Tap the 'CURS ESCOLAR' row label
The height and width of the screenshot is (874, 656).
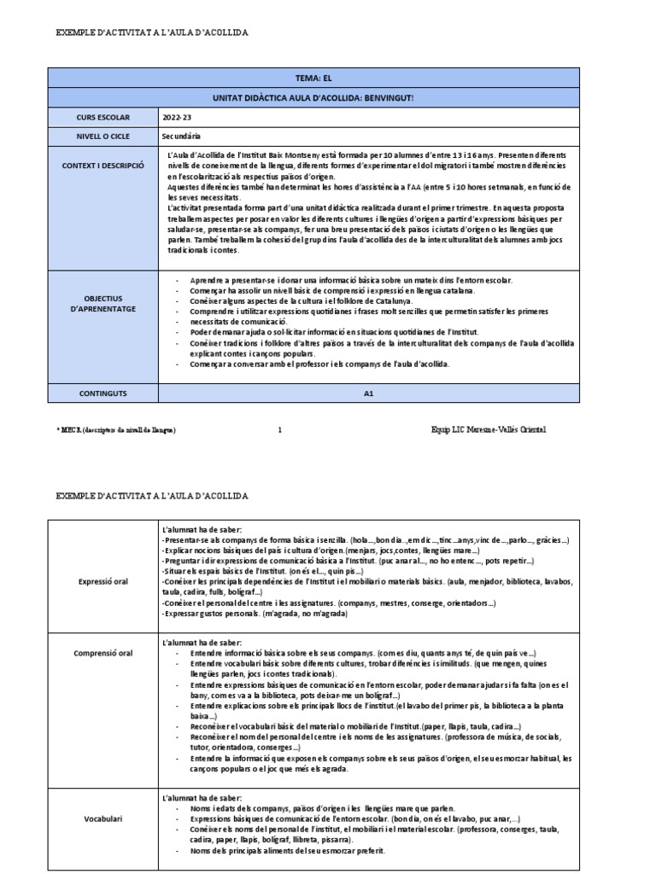click(102, 117)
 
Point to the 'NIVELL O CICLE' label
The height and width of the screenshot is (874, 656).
click(102, 137)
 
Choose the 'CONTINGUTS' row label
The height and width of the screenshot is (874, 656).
click(102, 394)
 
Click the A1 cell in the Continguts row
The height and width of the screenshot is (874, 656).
click(369, 394)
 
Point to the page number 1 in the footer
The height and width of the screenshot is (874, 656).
click(279, 429)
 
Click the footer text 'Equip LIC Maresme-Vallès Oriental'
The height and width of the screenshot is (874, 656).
click(489, 429)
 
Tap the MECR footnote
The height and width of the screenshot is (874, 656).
click(116, 430)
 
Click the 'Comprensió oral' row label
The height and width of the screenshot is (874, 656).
click(102, 653)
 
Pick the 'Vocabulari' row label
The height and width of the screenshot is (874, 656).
click(102, 819)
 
